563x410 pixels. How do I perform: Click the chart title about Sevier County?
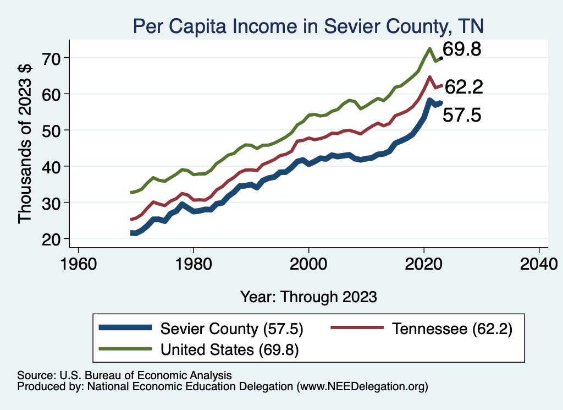[x=308, y=26]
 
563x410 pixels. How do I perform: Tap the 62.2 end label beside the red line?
[x=463, y=87]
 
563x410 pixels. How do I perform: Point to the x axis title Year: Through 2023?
[x=308, y=297]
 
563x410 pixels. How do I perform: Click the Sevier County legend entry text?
[x=231, y=329]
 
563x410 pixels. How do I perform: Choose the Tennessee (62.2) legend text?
[x=452, y=329]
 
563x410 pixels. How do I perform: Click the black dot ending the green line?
[x=441, y=57]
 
